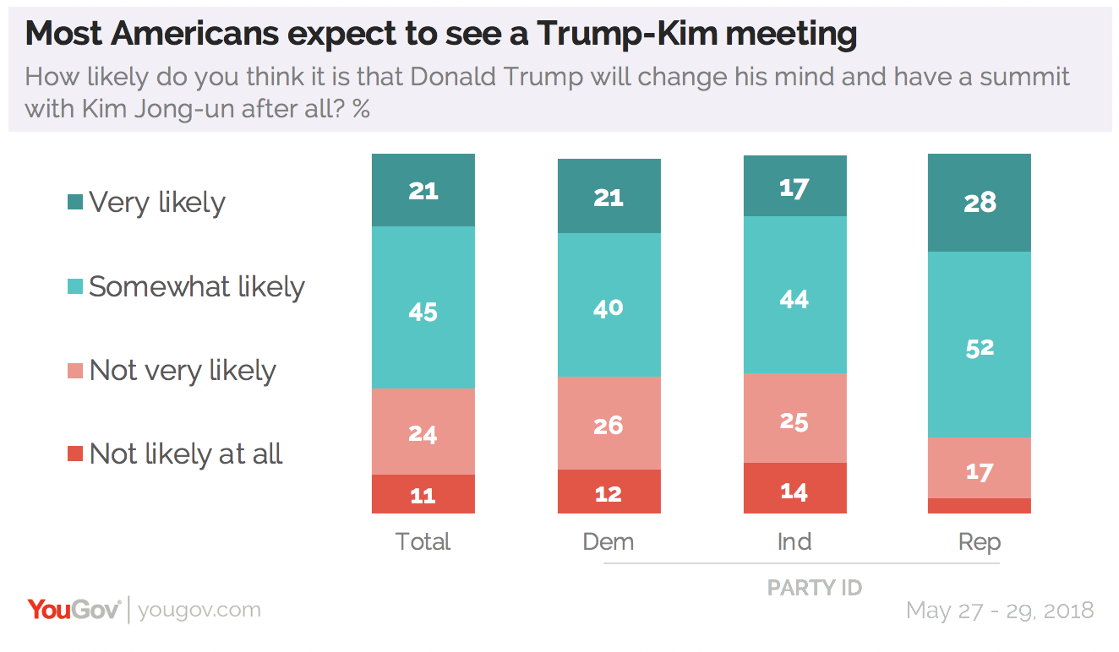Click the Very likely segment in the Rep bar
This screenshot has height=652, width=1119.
click(x=980, y=203)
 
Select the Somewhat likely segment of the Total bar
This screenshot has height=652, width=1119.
click(x=423, y=307)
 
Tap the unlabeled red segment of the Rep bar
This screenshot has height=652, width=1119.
click(x=980, y=506)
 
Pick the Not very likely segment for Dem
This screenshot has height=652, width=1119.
click(x=609, y=423)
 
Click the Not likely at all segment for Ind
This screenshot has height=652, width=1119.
click(x=794, y=488)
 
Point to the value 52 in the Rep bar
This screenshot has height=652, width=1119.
click(x=980, y=347)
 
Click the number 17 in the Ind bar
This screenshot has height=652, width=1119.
click(x=794, y=187)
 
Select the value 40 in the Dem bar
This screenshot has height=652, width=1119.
click(x=609, y=307)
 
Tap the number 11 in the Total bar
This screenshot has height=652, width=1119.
click(x=423, y=495)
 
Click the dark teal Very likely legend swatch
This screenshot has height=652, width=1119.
click(x=75, y=203)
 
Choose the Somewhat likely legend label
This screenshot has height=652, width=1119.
click(x=196, y=287)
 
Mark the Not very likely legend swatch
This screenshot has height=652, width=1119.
click(x=75, y=371)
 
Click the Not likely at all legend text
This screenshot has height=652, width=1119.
click(x=186, y=454)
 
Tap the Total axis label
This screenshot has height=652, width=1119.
click(x=423, y=541)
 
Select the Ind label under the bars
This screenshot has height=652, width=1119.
click(x=794, y=541)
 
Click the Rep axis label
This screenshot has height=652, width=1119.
click(x=980, y=541)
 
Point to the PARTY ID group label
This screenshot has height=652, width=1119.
click(x=814, y=588)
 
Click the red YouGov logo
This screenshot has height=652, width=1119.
click(x=74, y=610)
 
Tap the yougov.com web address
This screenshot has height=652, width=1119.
click(x=199, y=611)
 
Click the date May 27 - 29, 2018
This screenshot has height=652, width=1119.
click(x=999, y=611)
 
